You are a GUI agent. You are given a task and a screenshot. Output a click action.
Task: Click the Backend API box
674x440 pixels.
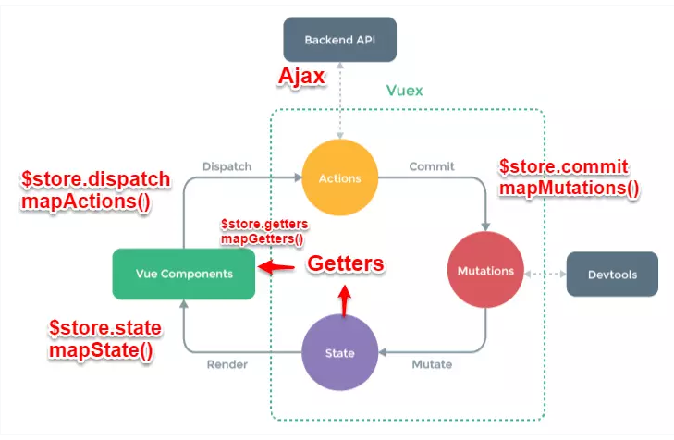tap(339, 40)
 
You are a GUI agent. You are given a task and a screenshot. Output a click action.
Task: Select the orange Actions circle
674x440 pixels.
tap(341, 177)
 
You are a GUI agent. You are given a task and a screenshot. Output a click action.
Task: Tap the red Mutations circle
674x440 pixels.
tap(485, 272)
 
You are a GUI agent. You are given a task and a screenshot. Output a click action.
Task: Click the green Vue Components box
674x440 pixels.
tap(183, 274)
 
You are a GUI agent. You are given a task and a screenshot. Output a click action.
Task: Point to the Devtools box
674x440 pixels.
tap(612, 275)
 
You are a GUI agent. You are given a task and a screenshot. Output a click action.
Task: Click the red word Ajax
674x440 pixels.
tap(301, 77)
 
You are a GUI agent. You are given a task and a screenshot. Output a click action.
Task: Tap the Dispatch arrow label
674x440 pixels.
tap(227, 166)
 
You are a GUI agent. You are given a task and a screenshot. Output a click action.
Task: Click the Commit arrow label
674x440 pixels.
tap(432, 166)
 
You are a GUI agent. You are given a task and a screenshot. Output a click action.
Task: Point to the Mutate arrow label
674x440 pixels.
tap(431, 364)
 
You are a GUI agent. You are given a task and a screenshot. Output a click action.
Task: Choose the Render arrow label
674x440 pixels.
tap(227, 364)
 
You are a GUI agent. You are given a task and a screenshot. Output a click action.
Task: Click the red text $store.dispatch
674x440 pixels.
tap(96, 178)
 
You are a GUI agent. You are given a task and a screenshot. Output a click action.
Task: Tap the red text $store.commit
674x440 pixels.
tap(564, 167)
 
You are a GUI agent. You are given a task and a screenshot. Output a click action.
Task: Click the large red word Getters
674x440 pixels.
tap(345, 264)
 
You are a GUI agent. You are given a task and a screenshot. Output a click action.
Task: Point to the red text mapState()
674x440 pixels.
tap(101, 350)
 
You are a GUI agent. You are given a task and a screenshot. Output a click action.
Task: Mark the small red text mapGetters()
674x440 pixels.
tap(262, 239)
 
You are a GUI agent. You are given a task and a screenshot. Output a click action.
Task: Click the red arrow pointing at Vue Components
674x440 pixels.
tap(276, 268)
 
